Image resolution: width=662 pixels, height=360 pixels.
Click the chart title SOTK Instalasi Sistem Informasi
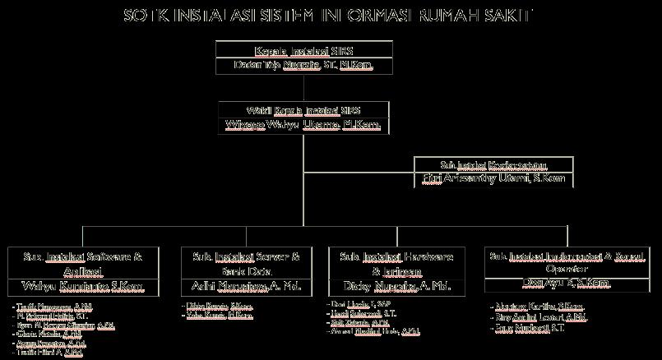point(327,15)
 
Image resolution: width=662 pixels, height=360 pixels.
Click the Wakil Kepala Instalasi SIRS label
point(304,110)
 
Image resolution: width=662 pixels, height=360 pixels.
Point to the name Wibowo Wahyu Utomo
point(304,125)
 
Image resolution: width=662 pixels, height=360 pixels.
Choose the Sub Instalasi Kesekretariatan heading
point(493,164)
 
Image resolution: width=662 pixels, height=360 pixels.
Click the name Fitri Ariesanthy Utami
point(493,178)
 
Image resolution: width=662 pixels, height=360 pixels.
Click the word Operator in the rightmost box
point(563,269)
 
